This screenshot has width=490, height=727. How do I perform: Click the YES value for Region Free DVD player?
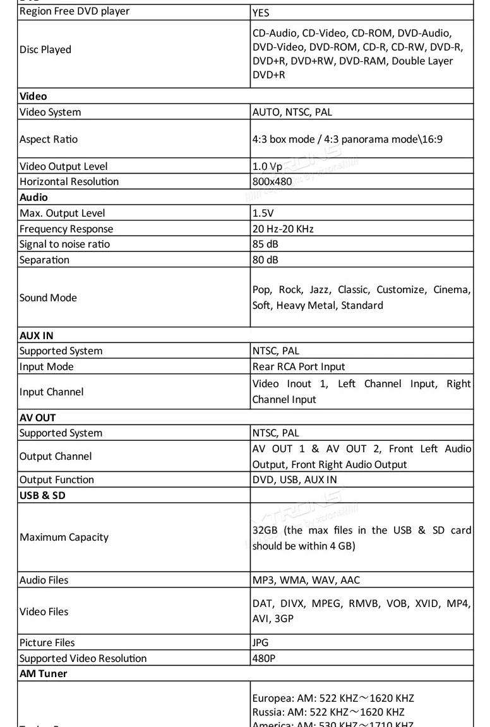(x=261, y=12)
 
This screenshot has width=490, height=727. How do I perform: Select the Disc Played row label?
(x=45, y=50)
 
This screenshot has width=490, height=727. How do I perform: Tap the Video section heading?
(x=33, y=97)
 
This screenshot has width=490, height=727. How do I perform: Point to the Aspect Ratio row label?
(x=49, y=140)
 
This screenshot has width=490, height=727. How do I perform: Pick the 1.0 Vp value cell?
(x=267, y=167)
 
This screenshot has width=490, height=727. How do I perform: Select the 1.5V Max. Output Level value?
(x=263, y=213)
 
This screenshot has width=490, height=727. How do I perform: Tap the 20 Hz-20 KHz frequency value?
(x=283, y=229)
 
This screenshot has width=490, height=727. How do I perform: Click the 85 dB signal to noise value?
(x=265, y=244)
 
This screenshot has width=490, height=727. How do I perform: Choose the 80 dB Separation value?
(x=265, y=260)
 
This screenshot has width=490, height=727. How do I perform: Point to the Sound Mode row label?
(x=48, y=298)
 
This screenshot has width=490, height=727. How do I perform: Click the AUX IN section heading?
(x=37, y=335)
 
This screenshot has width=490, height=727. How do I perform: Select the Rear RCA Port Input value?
(x=299, y=367)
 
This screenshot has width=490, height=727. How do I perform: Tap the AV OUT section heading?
(x=38, y=418)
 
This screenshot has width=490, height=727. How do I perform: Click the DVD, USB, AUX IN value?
(x=294, y=480)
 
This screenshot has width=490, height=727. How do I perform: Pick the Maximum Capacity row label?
(x=64, y=538)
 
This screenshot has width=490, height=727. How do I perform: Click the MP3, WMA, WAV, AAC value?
(x=306, y=580)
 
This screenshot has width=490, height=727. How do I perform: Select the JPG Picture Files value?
(x=260, y=643)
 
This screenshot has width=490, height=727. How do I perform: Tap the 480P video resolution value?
(x=264, y=659)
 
